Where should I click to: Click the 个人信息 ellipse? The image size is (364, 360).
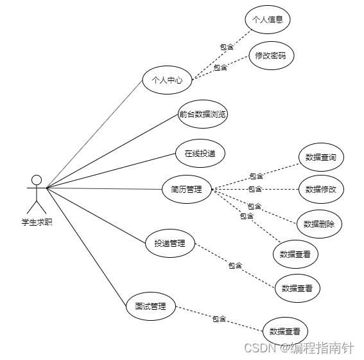pos(268,19)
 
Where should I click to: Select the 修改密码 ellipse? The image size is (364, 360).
pos(272,55)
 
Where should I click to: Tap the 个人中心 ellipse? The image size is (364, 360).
pos(167,80)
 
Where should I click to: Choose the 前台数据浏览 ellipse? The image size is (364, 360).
pos(202,114)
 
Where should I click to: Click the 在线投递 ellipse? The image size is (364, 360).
pos(200,154)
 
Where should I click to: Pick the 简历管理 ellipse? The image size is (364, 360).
pos(187,189)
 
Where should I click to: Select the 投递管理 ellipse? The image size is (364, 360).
pos(170,243)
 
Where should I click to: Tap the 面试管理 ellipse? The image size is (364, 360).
pos(151,306)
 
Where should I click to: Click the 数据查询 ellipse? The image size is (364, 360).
pos(321,157)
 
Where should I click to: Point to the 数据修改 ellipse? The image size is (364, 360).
pos(321,189)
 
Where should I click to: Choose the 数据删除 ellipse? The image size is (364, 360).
pos(319,224)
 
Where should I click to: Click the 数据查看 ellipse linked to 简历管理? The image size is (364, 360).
pos(295,255)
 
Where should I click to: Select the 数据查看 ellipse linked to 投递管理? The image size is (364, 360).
pos(297,288)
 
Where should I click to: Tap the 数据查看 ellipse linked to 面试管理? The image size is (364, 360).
pos(285,331)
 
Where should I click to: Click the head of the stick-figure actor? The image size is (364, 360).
pos(37,180)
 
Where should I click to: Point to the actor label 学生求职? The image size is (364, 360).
pos(37,222)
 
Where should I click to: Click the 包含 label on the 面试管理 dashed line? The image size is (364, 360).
pos(219,319)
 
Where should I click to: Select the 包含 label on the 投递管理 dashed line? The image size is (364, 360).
pos(235,265)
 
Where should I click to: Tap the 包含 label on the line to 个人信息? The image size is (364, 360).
pos(227,47)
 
